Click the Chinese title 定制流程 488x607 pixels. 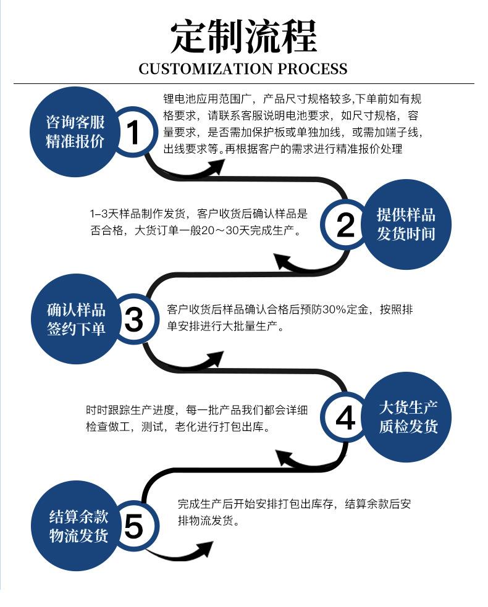[243, 37]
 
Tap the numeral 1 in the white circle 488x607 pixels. [133, 132]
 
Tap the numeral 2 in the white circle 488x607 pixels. [345, 225]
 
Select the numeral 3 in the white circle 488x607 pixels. [134, 319]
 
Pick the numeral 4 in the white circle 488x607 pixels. [345, 417]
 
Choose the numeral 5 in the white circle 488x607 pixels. [134, 527]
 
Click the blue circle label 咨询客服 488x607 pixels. [75, 122]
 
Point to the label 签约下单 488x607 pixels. [76, 329]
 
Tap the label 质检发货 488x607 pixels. [408, 426]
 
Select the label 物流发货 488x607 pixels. [78, 536]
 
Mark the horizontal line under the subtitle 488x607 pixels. [244, 83]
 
